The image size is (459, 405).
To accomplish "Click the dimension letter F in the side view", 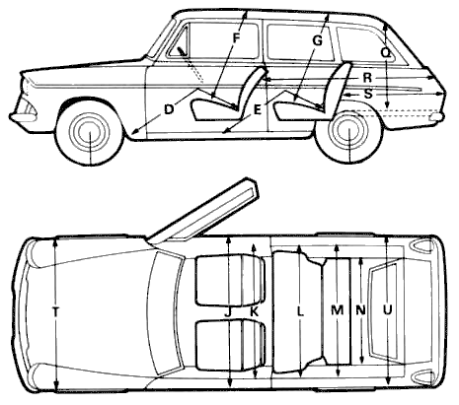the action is pyautogui.click(x=236, y=38).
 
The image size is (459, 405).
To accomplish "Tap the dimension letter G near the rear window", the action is pyautogui.click(x=317, y=41).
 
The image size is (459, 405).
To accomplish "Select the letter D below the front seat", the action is pyautogui.click(x=169, y=109).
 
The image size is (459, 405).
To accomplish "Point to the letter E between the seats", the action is pyautogui.click(x=258, y=109).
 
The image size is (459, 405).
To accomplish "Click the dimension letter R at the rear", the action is pyautogui.click(x=367, y=78).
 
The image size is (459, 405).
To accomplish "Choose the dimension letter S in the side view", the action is pyautogui.click(x=368, y=95).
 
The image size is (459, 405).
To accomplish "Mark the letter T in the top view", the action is pyautogui.click(x=55, y=311).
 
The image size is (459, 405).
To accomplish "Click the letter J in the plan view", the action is pyautogui.click(x=228, y=311).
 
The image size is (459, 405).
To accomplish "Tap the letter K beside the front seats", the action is pyautogui.click(x=254, y=311).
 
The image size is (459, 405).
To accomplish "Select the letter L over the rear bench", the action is pyautogui.click(x=300, y=311).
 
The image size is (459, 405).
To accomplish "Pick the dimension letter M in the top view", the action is pyautogui.click(x=337, y=310).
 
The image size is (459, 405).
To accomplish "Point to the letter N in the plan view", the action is pyautogui.click(x=361, y=310).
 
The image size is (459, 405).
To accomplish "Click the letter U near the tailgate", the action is pyautogui.click(x=388, y=309).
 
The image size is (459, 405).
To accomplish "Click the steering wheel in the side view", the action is pyautogui.click(x=183, y=52).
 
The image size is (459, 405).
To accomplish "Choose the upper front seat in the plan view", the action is pyautogui.click(x=230, y=280).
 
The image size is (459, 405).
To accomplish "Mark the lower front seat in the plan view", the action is pyautogui.click(x=230, y=346).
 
